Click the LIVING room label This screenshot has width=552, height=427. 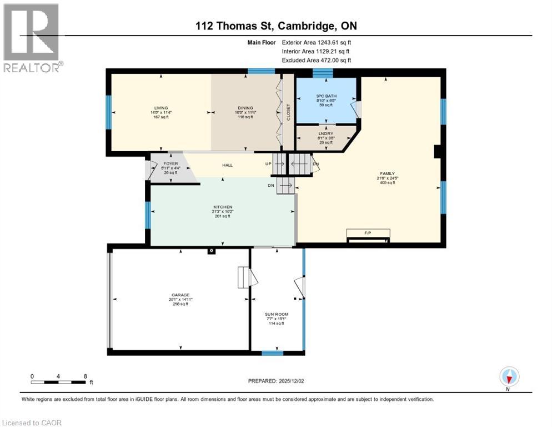[x=161, y=108]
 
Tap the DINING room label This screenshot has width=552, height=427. [x=245, y=108]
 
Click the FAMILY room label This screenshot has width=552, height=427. [x=387, y=173]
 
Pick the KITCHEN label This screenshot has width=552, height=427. [x=222, y=207]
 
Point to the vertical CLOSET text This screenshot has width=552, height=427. [x=288, y=112]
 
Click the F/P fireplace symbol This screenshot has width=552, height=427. [x=367, y=233]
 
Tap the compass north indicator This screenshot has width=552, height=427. [x=509, y=377]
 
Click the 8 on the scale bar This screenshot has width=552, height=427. [x=85, y=376]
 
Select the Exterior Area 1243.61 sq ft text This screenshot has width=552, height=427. [x=317, y=42]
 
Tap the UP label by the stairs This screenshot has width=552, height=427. [x=268, y=163]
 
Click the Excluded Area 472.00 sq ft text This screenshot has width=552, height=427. [x=317, y=60]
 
